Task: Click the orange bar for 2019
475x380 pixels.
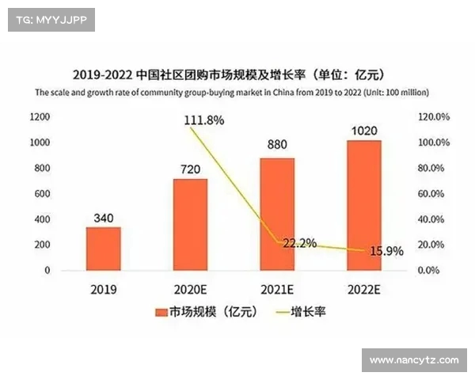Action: (x=104, y=249)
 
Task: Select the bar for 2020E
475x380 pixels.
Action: (x=190, y=224)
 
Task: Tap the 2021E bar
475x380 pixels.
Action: (x=277, y=214)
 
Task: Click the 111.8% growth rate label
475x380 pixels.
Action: (x=203, y=120)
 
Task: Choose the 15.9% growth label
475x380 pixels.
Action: (x=384, y=250)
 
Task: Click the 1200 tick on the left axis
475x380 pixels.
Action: (x=40, y=117)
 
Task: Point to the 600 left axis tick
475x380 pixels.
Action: (x=43, y=193)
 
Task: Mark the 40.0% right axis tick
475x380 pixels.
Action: (x=435, y=219)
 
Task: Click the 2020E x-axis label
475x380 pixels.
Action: (x=190, y=289)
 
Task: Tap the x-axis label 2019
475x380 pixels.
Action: (x=104, y=289)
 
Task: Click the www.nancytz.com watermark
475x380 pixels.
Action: (x=414, y=360)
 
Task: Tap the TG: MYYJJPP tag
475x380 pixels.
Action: (x=51, y=21)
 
